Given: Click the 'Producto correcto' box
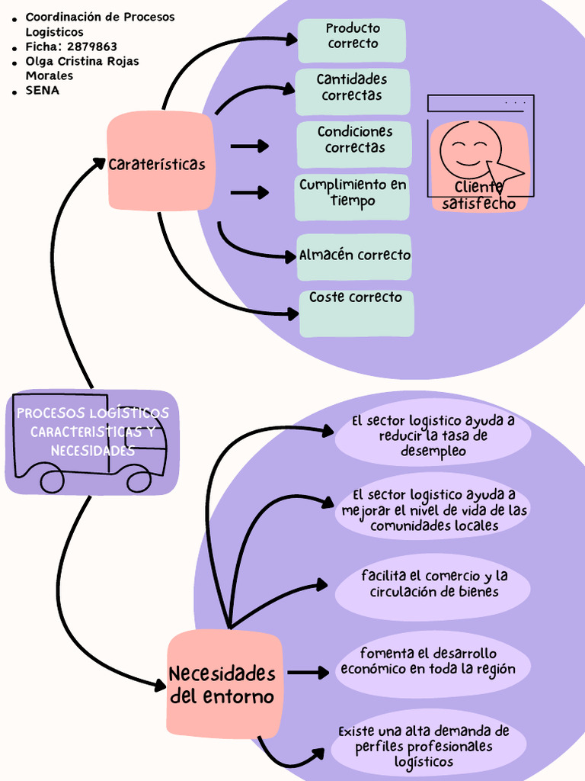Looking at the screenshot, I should (352, 40).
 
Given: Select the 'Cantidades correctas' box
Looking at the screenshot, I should (353, 92).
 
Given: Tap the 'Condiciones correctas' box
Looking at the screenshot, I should (354, 143).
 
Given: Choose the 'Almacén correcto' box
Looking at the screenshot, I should (354, 256).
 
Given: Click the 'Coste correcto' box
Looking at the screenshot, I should (356, 312).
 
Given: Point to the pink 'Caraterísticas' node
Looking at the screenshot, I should (159, 162).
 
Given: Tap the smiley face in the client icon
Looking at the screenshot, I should (469, 149).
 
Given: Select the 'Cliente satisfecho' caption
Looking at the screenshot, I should (479, 196).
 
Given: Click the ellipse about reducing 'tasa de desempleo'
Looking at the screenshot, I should (433, 436).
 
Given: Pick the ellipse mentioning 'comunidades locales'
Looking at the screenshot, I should (433, 510).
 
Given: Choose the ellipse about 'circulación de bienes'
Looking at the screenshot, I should (433, 585).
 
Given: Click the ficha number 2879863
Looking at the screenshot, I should (92, 47).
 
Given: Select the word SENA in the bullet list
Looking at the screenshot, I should (43, 90).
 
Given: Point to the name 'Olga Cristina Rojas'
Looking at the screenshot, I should (82, 61).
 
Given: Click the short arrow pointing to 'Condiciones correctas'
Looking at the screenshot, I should (249, 146).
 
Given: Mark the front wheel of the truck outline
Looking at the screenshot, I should (139, 480).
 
